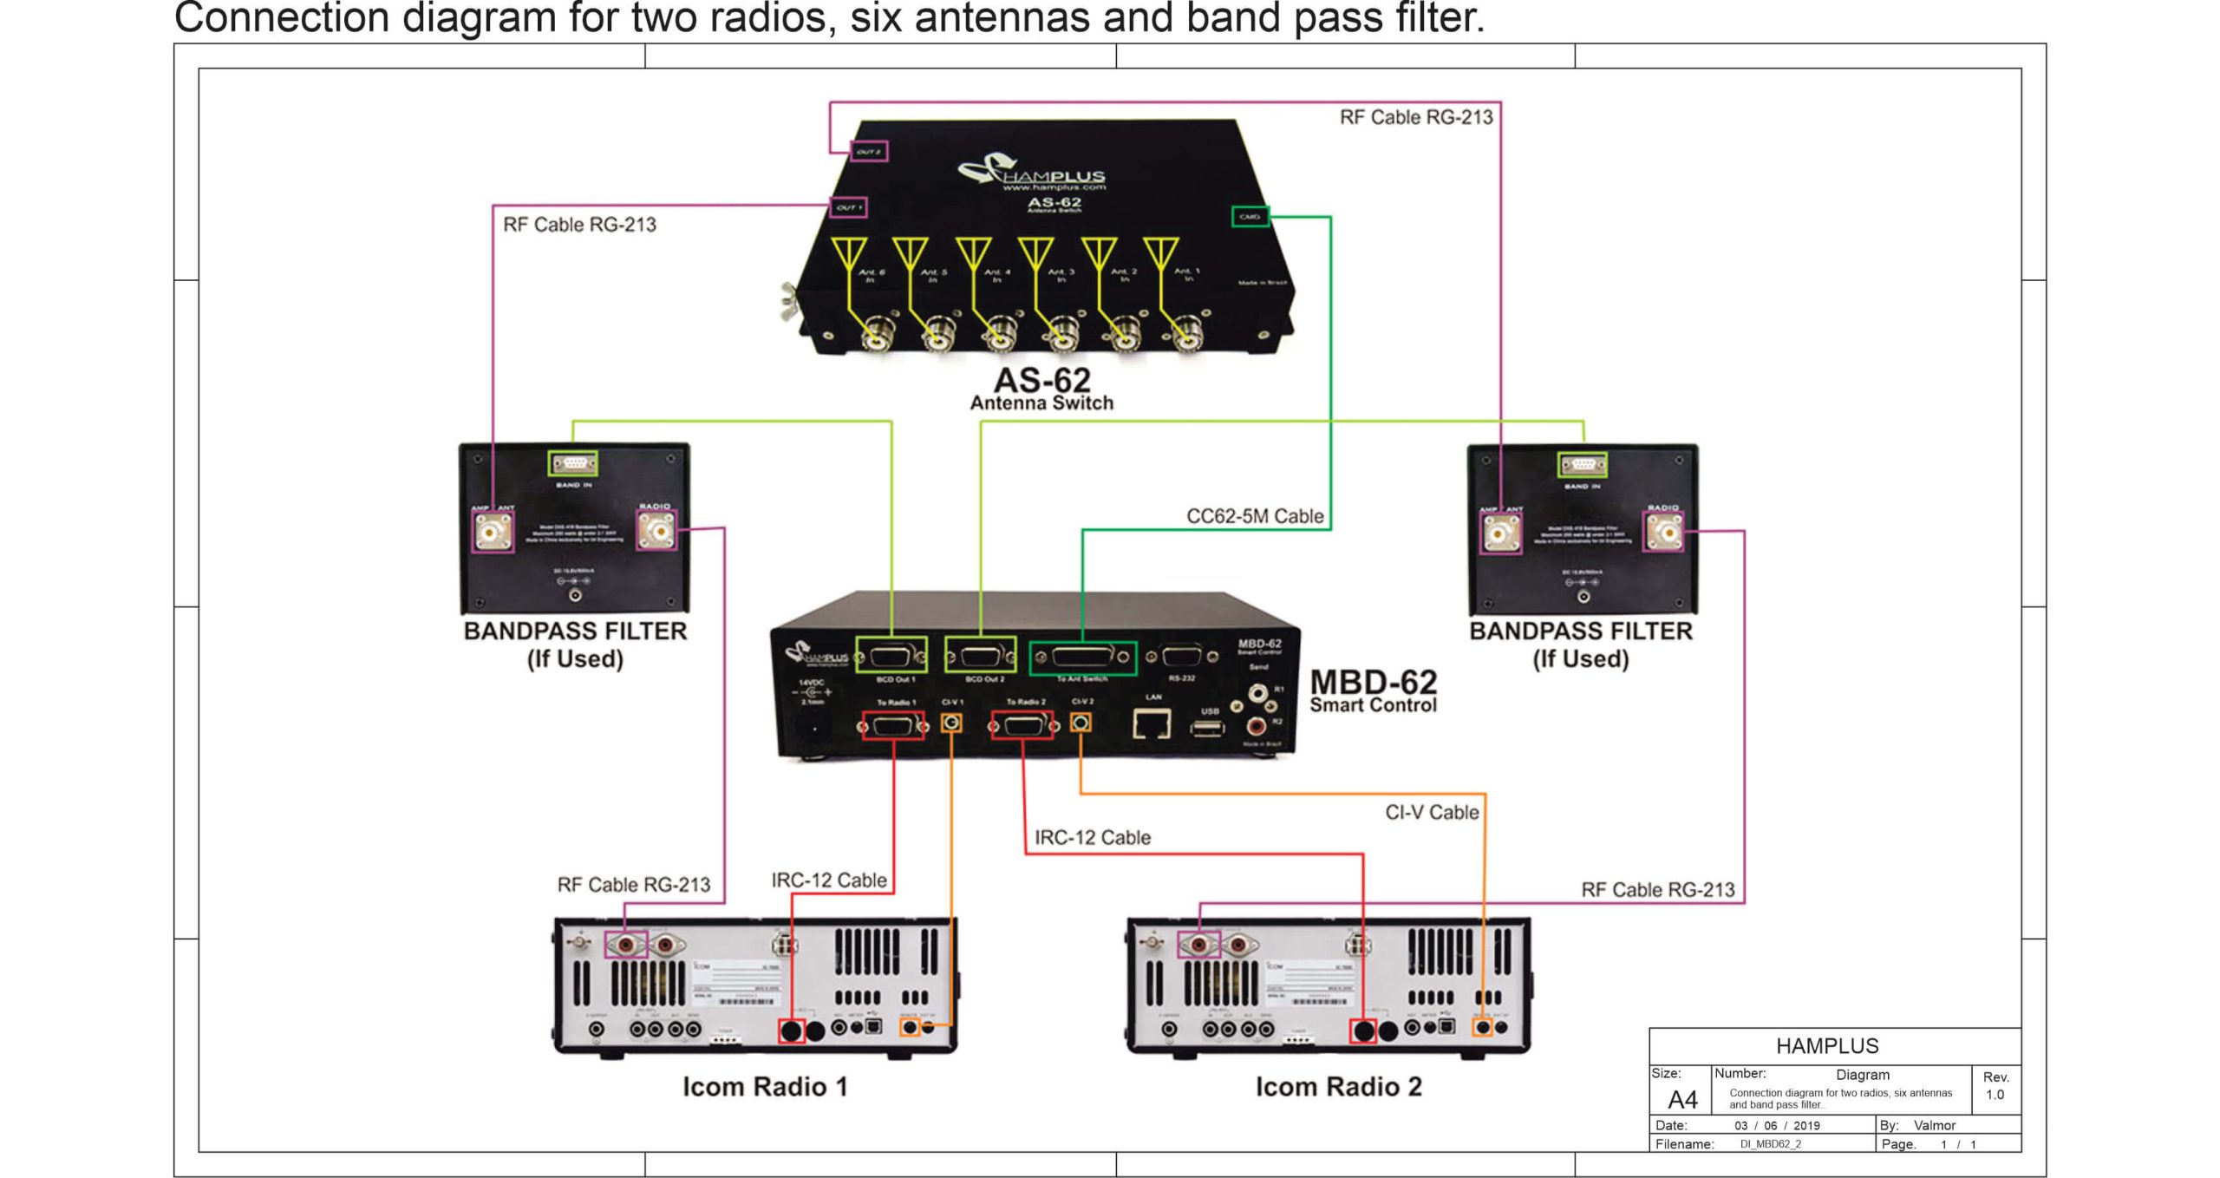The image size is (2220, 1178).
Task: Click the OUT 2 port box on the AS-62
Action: coord(868,152)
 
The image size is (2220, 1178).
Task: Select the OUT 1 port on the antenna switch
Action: coord(847,207)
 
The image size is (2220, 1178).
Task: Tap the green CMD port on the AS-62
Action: coord(1250,216)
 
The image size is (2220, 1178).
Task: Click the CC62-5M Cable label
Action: coord(1255,516)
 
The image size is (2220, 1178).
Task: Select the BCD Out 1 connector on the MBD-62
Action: coord(891,656)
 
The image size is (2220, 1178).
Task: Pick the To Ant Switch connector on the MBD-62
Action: coord(1082,658)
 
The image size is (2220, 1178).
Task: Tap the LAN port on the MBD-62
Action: coord(1152,723)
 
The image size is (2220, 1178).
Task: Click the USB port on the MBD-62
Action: coord(1208,727)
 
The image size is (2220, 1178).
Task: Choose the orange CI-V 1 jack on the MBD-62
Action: coord(951,723)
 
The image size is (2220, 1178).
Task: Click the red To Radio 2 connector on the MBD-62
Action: coord(1023,724)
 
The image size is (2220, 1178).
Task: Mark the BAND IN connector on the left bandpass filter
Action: coord(574,464)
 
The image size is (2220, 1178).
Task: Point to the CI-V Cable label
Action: coord(1432,813)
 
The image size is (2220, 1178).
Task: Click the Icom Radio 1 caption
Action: coord(765,1087)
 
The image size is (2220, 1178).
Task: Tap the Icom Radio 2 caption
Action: coord(1338,1087)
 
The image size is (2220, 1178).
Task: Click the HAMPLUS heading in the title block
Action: coord(1827,1046)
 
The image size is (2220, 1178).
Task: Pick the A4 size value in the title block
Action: coord(1682,1100)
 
